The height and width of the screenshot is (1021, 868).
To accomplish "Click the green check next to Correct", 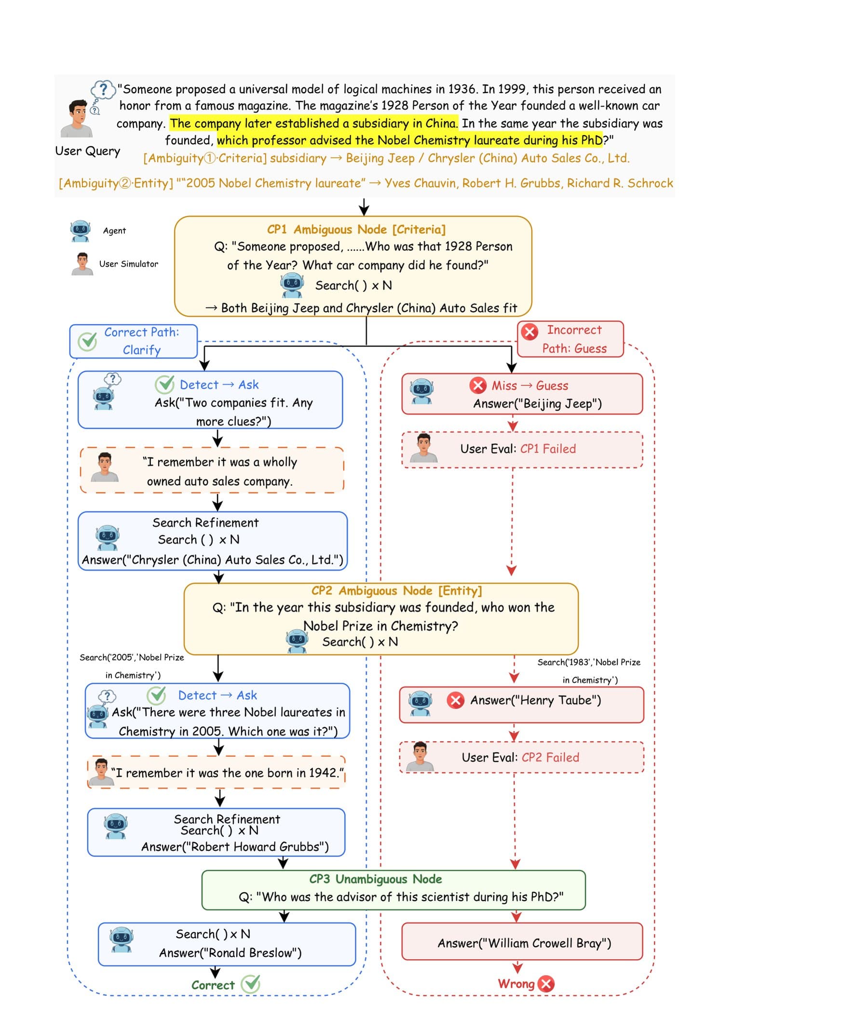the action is click(x=251, y=984).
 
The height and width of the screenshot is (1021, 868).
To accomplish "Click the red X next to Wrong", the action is click(x=546, y=983).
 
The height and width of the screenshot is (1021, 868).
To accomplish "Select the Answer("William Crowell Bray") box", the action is click(x=522, y=941).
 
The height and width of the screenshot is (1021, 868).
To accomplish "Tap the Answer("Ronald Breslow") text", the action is click(x=231, y=952).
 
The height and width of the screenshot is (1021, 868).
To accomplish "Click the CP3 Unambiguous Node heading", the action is click(x=376, y=879).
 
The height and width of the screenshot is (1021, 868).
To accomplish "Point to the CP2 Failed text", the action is click(x=550, y=757).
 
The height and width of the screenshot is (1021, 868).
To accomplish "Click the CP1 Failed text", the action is click(x=548, y=448).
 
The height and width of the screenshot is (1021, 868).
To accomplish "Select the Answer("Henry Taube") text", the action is click(x=535, y=700).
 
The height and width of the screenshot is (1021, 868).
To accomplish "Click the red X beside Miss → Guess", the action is click(x=477, y=385).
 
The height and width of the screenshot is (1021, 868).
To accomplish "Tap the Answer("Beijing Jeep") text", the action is click(x=537, y=404).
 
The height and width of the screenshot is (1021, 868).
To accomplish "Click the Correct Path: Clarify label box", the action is click(x=134, y=341).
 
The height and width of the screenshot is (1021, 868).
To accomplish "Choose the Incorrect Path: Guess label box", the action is click(x=570, y=339).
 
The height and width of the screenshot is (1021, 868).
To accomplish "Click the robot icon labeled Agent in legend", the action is click(x=80, y=231).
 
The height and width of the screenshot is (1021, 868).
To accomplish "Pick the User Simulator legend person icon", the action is click(x=82, y=264).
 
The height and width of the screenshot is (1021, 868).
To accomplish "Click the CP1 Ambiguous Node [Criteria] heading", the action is click(x=356, y=229).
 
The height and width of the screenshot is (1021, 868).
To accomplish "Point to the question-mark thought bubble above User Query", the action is click(x=103, y=90).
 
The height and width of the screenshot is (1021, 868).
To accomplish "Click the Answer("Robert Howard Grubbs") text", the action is click(x=235, y=846).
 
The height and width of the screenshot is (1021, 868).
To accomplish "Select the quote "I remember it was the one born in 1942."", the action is click(x=227, y=773).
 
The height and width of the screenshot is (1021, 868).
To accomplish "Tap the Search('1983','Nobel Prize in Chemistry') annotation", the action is click(x=589, y=671).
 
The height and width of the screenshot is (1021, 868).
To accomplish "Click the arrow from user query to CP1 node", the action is click(x=364, y=207).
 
